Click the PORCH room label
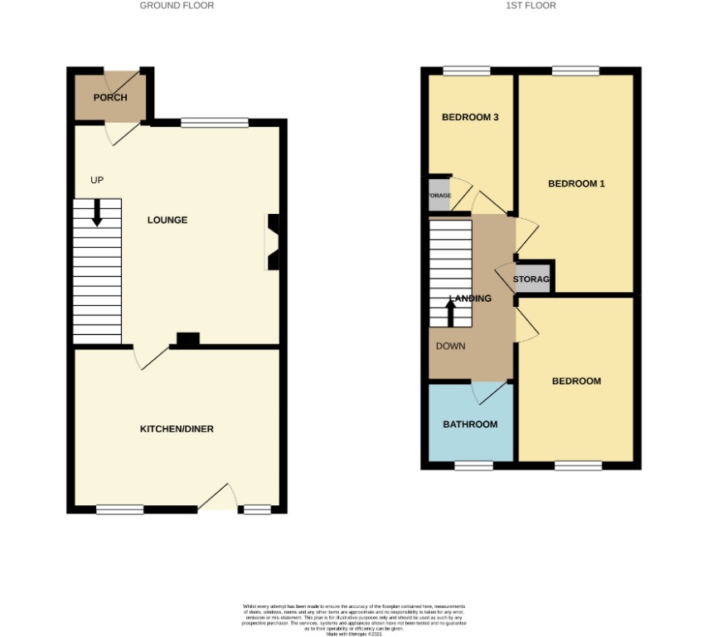coord(110,98)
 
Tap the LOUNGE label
coord(167,220)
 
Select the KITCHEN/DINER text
coord(177,429)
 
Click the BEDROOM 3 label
coord(470,118)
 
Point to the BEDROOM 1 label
coord(576,183)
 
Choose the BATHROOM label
coord(470,425)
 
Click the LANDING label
coord(471,299)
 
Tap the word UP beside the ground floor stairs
coord(97,180)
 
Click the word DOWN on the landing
coord(450,346)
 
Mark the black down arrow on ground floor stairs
coord(97,212)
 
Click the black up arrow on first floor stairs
coord(451,313)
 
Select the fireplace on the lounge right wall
coord(272,242)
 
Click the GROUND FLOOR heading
coord(177,6)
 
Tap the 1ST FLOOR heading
coord(531,6)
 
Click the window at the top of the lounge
coord(215,124)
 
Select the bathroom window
coord(473,466)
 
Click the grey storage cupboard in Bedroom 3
coord(439,196)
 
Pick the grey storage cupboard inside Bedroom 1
coord(532,279)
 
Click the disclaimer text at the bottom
coord(354,619)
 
